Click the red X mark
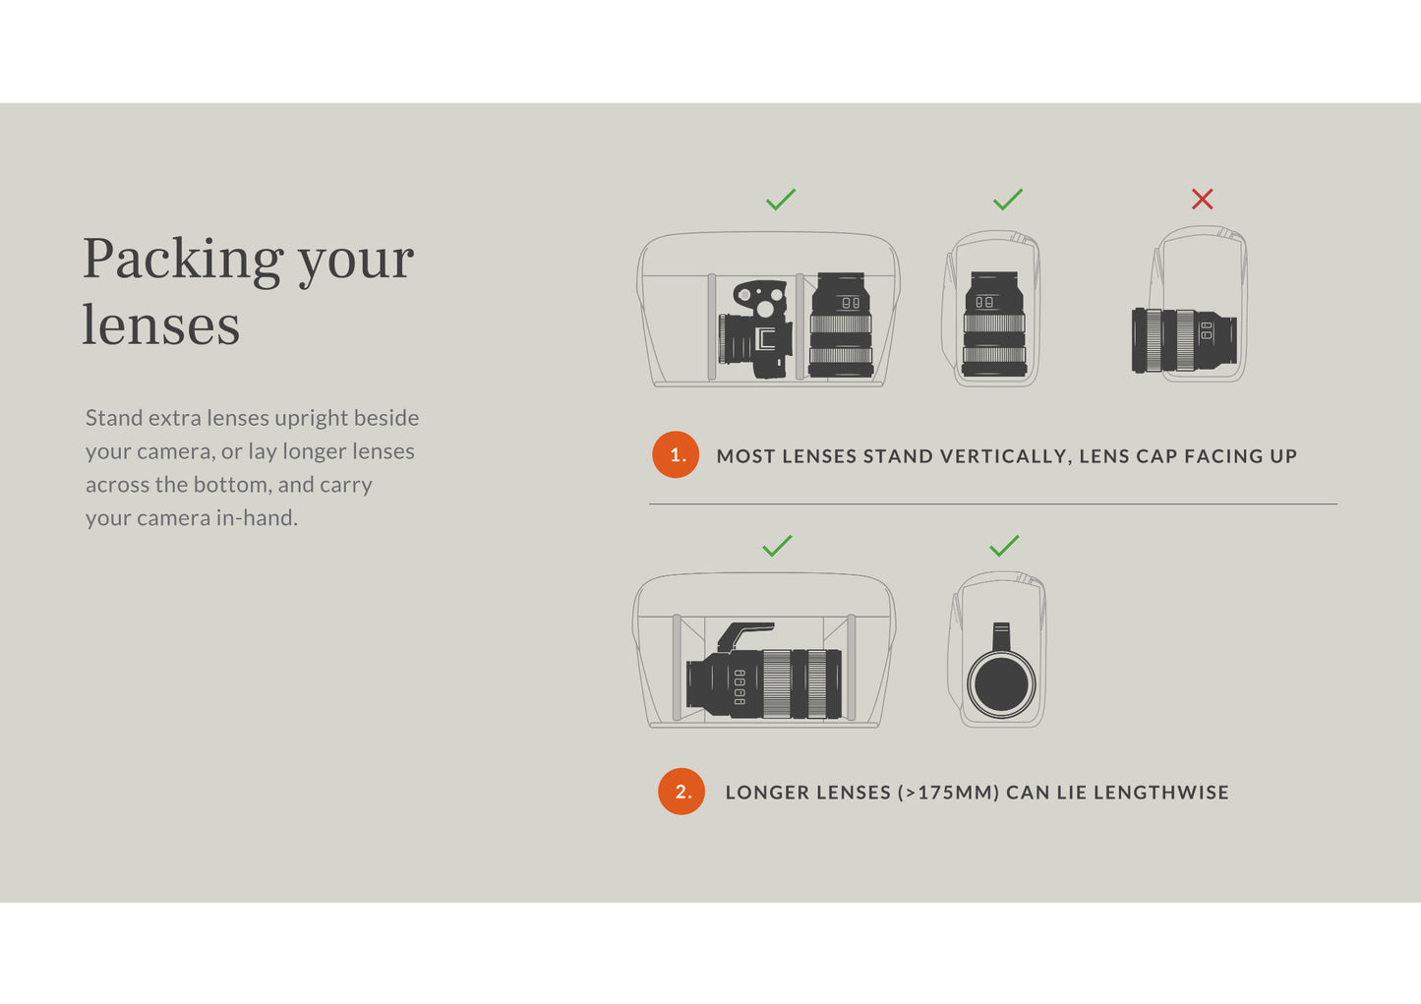click(1202, 200)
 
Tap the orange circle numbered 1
click(676, 454)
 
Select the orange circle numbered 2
click(681, 791)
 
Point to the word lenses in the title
click(161, 325)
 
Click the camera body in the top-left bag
click(756, 329)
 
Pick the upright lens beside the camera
click(841, 325)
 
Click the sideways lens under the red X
click(1184, 340)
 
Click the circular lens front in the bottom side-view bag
click(1001, 684)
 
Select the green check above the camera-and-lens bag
click(780, 200)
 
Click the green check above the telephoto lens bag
click(777, 546)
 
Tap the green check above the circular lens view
click(1004, 546)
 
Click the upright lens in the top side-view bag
click(994, 325)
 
